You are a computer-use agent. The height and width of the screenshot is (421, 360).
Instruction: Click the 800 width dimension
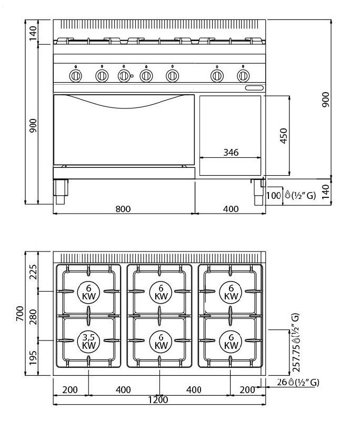123,209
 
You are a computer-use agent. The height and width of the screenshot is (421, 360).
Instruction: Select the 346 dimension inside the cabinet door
231,153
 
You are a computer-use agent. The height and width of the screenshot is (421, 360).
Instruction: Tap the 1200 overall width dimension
158,400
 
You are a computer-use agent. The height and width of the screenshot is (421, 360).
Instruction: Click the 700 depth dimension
21,314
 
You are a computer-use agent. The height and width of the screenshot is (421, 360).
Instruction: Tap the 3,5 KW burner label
88,342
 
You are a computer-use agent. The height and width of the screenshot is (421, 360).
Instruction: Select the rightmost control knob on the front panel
243,76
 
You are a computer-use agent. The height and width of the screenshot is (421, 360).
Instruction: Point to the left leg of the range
61,192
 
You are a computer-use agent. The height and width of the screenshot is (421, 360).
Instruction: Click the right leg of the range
258,192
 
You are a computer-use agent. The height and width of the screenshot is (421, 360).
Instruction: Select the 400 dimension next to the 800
231,209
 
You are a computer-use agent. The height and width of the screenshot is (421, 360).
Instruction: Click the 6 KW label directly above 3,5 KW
88,292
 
